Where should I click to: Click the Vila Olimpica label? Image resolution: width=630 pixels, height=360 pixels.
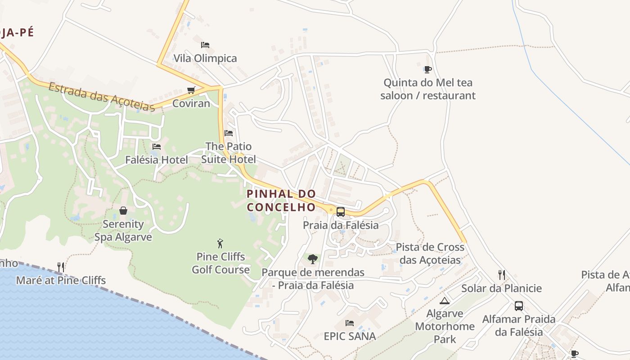(205, 58)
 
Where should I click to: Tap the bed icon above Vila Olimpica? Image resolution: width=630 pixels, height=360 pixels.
(205, 45)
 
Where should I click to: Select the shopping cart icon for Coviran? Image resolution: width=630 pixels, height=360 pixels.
(191, 90)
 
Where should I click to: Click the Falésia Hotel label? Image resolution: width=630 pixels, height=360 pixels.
(157, 160)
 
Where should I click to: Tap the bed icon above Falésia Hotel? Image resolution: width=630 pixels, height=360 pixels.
(157, 146)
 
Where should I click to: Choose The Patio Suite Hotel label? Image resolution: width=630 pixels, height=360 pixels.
(229, 153)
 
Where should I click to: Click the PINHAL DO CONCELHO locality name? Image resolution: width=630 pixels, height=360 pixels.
(281, 201)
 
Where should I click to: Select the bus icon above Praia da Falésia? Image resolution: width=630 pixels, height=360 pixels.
(341, 211)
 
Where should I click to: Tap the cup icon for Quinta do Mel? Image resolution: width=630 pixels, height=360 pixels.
(427, 69)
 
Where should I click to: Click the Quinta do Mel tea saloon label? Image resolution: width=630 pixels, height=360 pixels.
(427, 89)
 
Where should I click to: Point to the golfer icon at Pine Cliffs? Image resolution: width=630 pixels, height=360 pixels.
(220, 243)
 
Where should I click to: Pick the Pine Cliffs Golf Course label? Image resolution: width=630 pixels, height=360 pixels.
(220, 263)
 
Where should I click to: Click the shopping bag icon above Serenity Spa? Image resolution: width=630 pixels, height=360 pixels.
(123, 211)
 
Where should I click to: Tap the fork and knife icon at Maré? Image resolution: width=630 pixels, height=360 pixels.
(61, 267)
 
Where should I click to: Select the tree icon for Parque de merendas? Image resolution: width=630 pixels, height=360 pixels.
(313, 259)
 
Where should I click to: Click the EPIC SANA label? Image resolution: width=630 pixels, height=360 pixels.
(350, 337)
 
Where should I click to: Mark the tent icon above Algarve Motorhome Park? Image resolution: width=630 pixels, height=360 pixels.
(445, 301)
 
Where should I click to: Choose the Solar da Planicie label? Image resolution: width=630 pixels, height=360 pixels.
(501, 288)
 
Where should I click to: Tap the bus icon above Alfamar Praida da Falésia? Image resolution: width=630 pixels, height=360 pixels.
(519, 306)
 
